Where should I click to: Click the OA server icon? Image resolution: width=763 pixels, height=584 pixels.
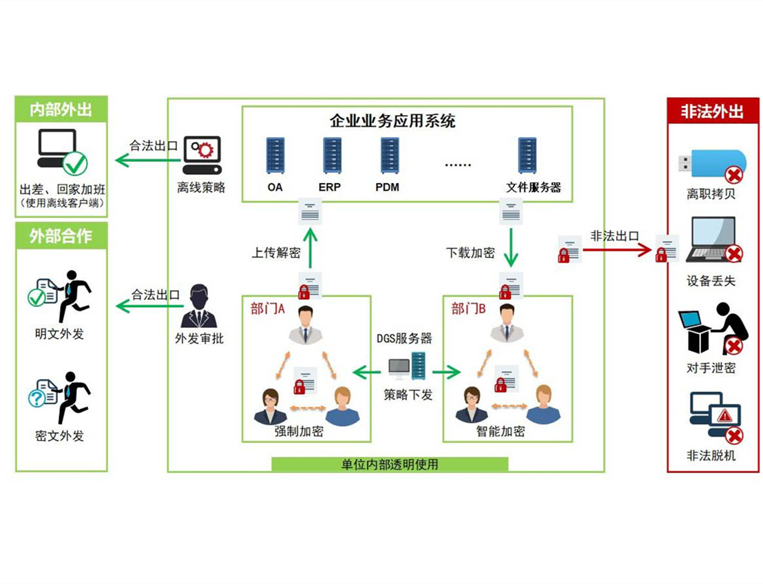pos(275,156)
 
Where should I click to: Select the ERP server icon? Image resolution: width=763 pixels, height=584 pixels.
pos(332,156)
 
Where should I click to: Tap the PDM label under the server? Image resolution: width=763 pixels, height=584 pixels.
pos(387,187)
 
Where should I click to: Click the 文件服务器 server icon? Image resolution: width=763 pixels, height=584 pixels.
pos(527,156)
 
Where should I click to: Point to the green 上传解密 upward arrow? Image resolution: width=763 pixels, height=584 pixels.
pos(311,249)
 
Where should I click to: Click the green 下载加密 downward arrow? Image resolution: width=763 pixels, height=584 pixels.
pos(510,249)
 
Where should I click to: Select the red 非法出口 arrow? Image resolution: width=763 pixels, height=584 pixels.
pos(617,249)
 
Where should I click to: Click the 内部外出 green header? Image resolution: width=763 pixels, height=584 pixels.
pos(61,109)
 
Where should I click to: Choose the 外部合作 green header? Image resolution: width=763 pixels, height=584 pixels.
pos(61,236)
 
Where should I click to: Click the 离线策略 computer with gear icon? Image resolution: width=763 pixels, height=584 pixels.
pos(202,156)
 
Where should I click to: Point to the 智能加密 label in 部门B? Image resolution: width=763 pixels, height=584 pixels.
pos(501,432)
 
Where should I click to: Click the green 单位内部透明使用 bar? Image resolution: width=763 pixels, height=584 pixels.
pos(390,464)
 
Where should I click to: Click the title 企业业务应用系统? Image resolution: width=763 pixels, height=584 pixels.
pos(393,122)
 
